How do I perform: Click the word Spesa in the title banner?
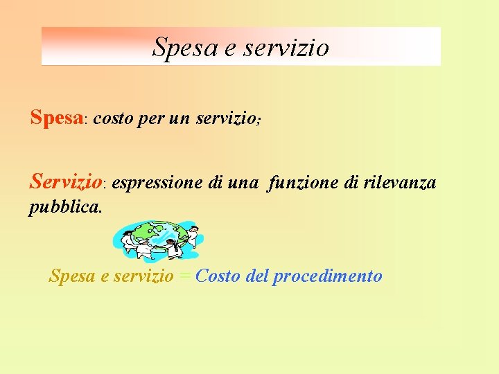(x=180, y=47)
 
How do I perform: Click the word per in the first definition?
(x=151, y=119)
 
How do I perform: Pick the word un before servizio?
(x=180, y=119)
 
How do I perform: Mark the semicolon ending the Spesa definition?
(x=258, y=121)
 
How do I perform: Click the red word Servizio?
(x=65, y=182)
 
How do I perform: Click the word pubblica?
(x=65, y=207)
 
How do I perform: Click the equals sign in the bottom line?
(x=184, y=276)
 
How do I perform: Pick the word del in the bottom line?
(x=256, y=276)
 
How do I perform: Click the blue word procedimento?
(x=328, y=276)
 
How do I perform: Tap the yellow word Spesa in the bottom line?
(x=71, y=276)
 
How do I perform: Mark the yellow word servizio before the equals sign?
(x=143, y=276)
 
